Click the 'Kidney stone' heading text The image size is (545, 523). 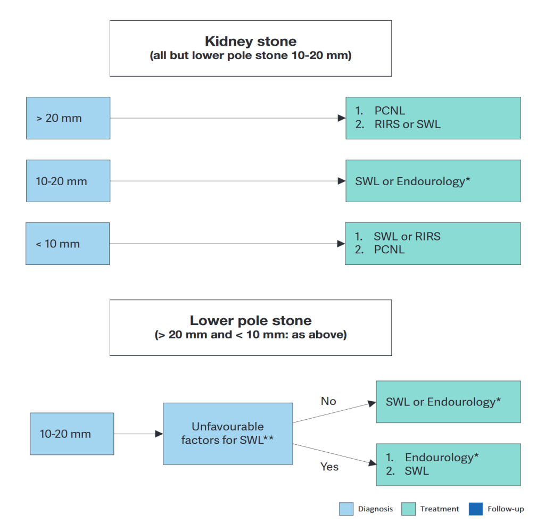coord(251,41)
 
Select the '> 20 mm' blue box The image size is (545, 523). coord(68,118)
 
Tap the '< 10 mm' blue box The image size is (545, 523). coord(68,244)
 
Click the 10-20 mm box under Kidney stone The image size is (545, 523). coord(68,181)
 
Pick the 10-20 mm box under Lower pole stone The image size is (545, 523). coord(72,434)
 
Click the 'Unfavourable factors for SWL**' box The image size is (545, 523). coord(228,434)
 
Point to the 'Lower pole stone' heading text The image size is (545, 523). coord(251,321)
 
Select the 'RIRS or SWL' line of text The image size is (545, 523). coord(407,124)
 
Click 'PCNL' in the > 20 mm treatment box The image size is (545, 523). coord(390,111)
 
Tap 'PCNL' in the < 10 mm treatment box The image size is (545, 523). coord(390,250)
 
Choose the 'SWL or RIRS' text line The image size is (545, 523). coord(407,236)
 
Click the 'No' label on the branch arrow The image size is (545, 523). coord(328,401)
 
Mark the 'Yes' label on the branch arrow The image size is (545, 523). coord(329,467)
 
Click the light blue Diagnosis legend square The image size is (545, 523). coord(346,509)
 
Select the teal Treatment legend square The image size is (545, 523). coord(408,509)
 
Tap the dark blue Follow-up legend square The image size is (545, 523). coord(475,509)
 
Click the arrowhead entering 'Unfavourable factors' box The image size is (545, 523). coord(159,434)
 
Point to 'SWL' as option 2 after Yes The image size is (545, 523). coord(417,471)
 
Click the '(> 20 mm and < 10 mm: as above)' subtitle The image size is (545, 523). coord(251,335)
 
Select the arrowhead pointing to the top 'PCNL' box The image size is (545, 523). coord(342,118)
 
